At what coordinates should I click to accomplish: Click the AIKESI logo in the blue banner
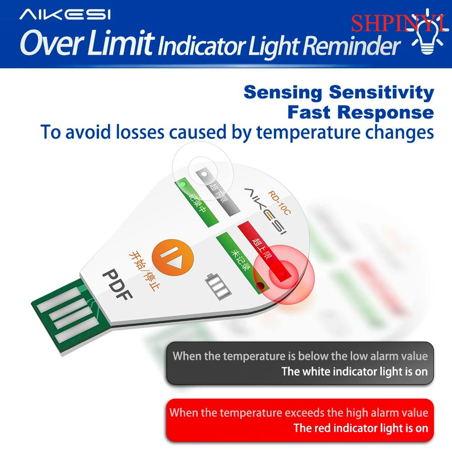[x=65, y=15]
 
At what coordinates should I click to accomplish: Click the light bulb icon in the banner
[x=427, y=32]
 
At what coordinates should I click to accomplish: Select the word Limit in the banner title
[x=120, y=43]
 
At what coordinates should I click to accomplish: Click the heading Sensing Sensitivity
[x=338, y=93]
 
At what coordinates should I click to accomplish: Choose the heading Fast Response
[x=360, y=112]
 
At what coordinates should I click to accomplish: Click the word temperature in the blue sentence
[x=307, y=133]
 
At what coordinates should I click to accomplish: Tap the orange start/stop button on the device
[x=173, y=257]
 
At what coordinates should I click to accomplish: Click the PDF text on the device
[x=118, y=284]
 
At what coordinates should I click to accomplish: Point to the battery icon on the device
[x=218, y=286]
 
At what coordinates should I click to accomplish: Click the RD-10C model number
[x=279, y=203]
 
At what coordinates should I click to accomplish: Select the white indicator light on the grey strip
[x=205, y=174]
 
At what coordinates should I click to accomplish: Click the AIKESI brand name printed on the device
[x=265, y=211]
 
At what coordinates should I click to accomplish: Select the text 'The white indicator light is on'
[x=354, y=371]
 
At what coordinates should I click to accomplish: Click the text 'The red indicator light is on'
[x=360, y=428]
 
